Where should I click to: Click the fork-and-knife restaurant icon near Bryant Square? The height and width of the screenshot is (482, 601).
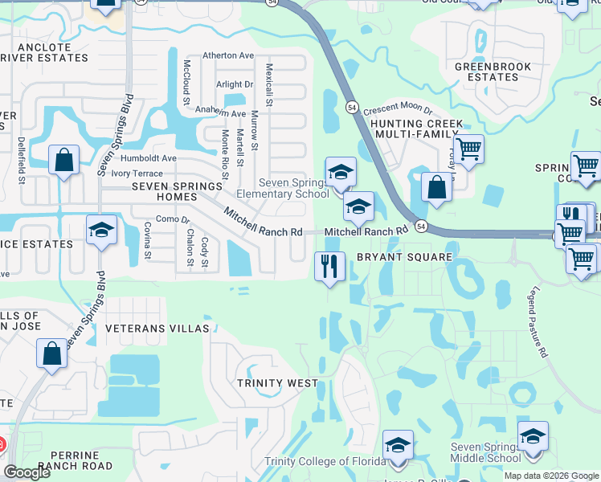pos(329,267)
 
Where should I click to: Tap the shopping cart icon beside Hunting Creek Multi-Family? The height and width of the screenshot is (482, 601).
pos(468,148)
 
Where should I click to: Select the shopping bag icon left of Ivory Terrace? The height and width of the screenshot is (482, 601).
pos(64,159)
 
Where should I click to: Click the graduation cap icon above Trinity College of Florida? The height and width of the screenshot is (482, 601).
pos(398,444)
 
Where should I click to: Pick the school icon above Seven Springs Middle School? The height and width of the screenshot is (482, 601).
pos(533,435)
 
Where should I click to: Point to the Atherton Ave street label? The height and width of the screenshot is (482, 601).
pos(227,55)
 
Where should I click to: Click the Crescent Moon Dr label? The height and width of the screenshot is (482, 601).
pos(398,112)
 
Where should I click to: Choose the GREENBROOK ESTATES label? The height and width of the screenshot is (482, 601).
pos(487,72)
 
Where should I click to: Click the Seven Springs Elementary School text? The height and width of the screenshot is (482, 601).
pos(282,188)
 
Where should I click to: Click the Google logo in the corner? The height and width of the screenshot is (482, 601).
pos(27,472)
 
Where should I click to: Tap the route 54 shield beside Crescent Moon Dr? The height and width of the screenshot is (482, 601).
pos(352,106)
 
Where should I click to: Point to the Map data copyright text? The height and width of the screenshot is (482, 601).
pos(551,476)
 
